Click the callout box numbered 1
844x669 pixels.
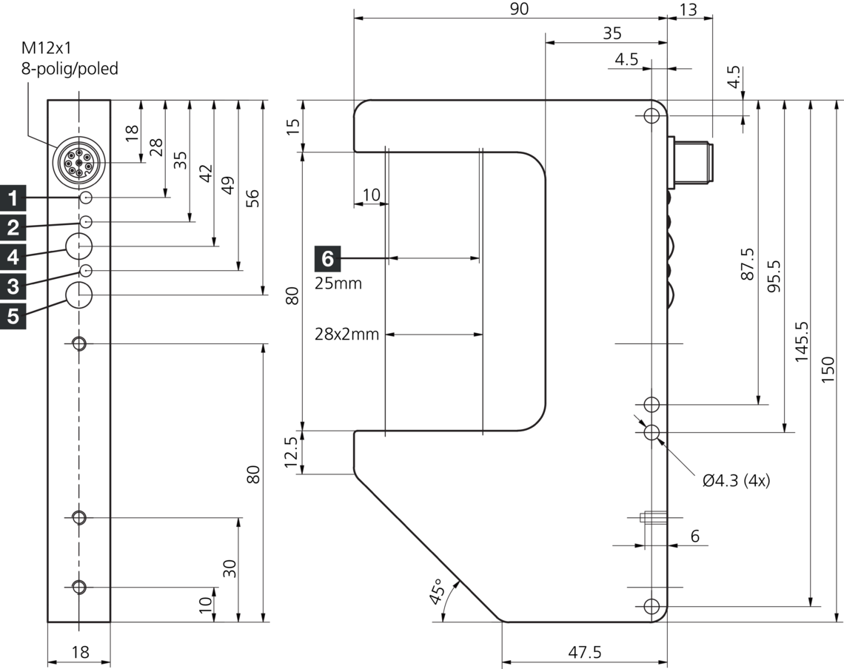tap(13, 198)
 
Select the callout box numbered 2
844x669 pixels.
tap(13, 227)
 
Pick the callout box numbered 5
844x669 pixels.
tap(13, 315)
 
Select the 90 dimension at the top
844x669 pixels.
tap(520, 8)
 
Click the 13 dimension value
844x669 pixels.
tap(688, 8)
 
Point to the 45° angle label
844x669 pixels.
tap(438, 593)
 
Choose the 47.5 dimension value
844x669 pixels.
tap(585, 652)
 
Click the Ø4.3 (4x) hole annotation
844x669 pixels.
tap(736, 480)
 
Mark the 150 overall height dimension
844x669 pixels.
tap(828, 369)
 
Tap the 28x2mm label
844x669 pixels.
tap(346, 334)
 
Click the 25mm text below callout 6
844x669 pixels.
tap(338, 283)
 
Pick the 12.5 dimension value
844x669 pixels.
tap(291, 454)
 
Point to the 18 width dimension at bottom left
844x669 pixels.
tap(79, 652)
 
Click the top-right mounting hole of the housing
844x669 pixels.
tap(652, 116)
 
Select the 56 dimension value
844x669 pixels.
tap(252, 198)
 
